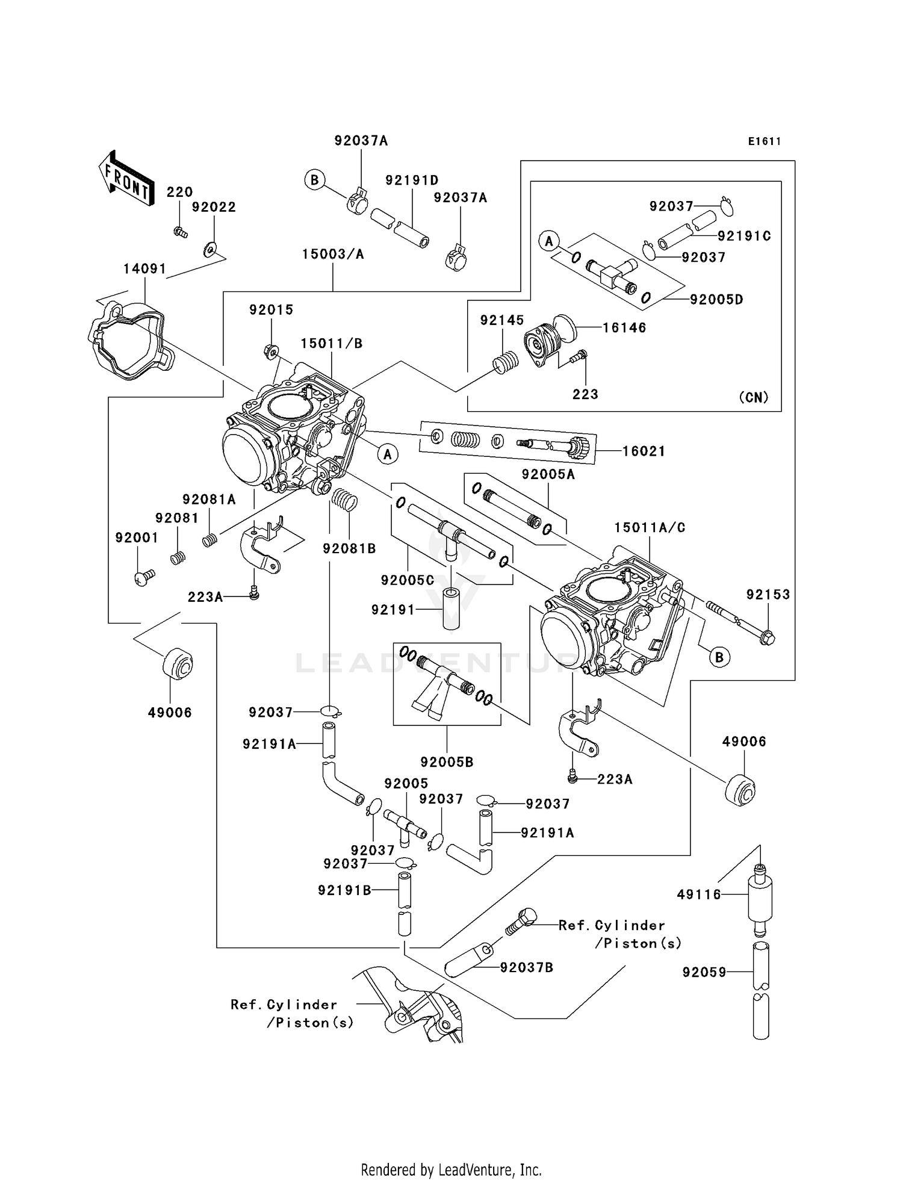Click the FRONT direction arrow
[x=125, y=178]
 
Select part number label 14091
[x=144, y=269]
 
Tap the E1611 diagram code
[x=764, y=141]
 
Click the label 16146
[x=624, y=328]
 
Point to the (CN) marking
[x=753, y=397]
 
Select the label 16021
[x=644, y=451]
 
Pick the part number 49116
[x=698, y=895]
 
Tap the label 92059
[x=704, y=972]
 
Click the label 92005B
[x=447, y=762]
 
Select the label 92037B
[x=526, y=968]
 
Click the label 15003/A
[x=333, y=255]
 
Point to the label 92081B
[x=349, y=548]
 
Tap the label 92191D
[x=412, y=180]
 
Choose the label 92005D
[x=716, y=299]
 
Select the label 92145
[x=501, y=320]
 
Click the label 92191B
[x=344, y=890]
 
